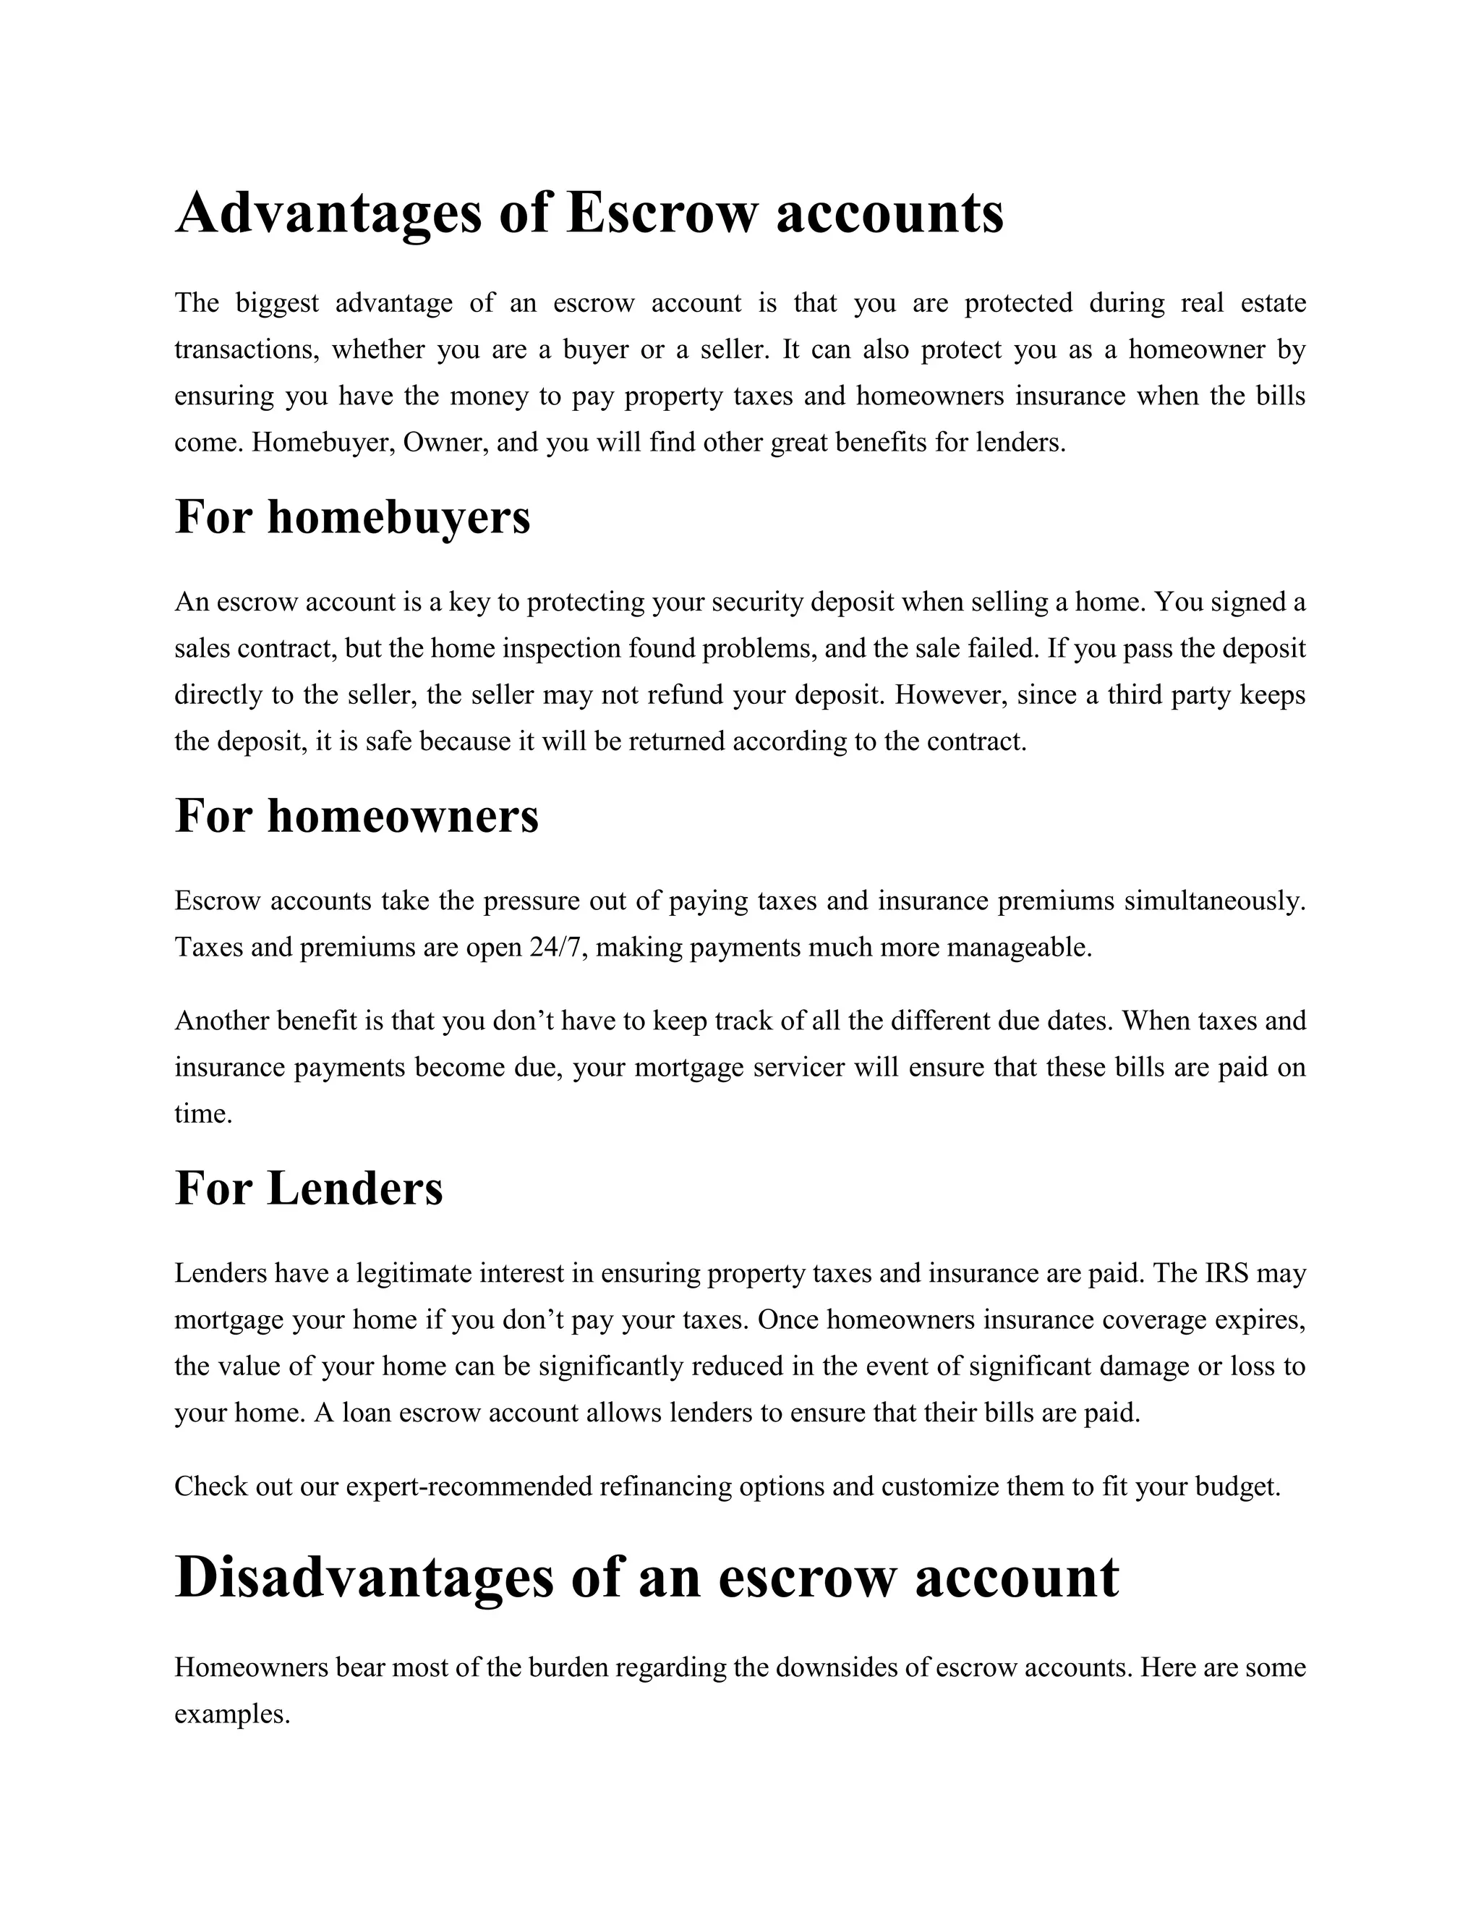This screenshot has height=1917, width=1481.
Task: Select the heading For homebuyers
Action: click(353, 517)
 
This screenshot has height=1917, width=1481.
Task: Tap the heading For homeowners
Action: click(357, 815)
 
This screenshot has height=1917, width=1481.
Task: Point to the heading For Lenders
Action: click(309, 1189)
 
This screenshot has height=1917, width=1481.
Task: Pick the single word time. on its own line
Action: click(203, 1115)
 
